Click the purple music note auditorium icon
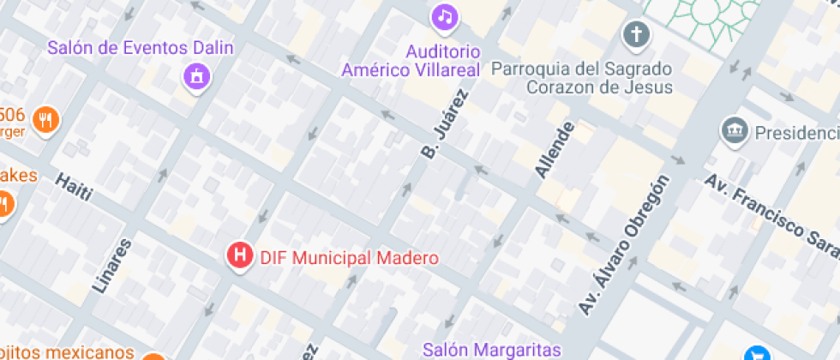pos(444,15)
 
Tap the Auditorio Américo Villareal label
pos(411,61)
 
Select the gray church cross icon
pos(636,34)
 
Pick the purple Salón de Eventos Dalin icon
pos(197,76)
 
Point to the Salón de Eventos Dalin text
pos(141,48)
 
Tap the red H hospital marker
pos(241,255)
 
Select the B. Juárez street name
pos(446,123)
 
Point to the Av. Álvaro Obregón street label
pos(623,245)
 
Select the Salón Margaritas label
pos(492,350)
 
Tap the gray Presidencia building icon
pos(734,131)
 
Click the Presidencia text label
pos(796,133)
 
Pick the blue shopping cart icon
pos(757,353)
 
